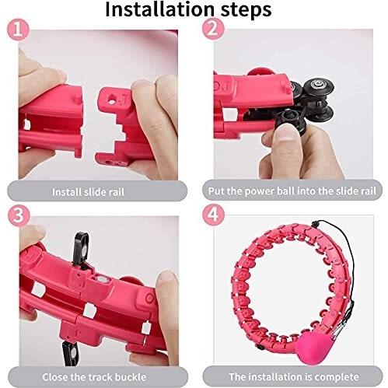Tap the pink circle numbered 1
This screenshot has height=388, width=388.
click(x=18, y=30)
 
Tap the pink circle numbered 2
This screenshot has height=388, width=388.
click(x=213, y=30)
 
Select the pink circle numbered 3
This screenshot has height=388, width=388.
click(x=18, y=215)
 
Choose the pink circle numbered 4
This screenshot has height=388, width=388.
click(x=213, y=215)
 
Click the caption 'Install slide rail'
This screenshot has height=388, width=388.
click(x=88, y=192)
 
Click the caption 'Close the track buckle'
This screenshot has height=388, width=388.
click(x=94, y=377)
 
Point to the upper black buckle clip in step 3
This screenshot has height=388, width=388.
click(x=81, y=249)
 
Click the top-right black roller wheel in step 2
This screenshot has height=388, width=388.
click(x=319, y=86)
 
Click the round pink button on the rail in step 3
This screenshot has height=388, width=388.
click(x=150, y=299)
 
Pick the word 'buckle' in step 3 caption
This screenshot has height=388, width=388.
click(x=131, y=377)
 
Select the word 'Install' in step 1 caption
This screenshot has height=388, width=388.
click(x=65, y=192)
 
